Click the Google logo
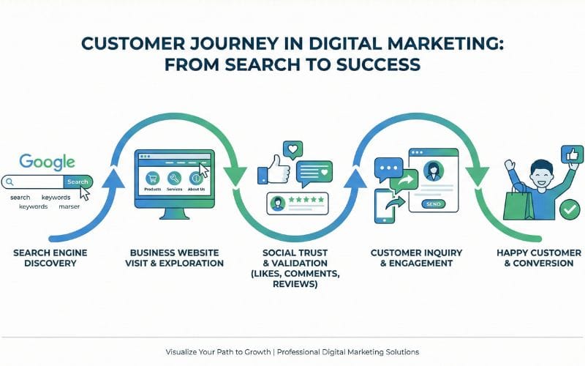(x=47, y=162)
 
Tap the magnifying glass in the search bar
(x=9, y=182)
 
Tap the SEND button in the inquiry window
(x=433, y=204)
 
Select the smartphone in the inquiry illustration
(x=385, y=206)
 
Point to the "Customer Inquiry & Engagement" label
(x=416, y=258)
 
